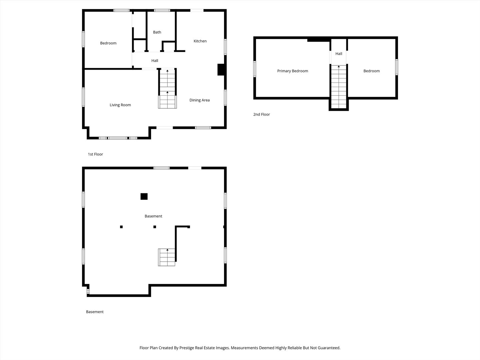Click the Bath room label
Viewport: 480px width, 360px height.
157,32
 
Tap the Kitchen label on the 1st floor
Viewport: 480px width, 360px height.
200,41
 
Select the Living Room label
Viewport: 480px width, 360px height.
120,105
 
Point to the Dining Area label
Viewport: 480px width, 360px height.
199,100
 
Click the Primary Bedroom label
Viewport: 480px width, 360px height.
293,71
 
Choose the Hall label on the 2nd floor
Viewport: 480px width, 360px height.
339,54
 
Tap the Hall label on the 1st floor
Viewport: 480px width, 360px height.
155,61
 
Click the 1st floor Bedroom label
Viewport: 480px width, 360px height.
108,43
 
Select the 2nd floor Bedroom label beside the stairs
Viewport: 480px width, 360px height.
372,71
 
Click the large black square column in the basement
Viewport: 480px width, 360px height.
144,196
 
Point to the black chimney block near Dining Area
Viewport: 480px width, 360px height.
221,70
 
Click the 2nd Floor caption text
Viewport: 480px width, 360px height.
262,114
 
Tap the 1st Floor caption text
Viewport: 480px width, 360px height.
95,154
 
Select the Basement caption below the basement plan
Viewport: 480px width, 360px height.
95,312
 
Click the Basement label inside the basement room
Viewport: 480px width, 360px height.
153,216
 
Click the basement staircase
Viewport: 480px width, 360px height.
167,257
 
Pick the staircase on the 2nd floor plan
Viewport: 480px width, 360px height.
339,87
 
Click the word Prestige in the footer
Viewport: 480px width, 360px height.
187,348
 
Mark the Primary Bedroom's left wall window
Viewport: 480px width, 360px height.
255,69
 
